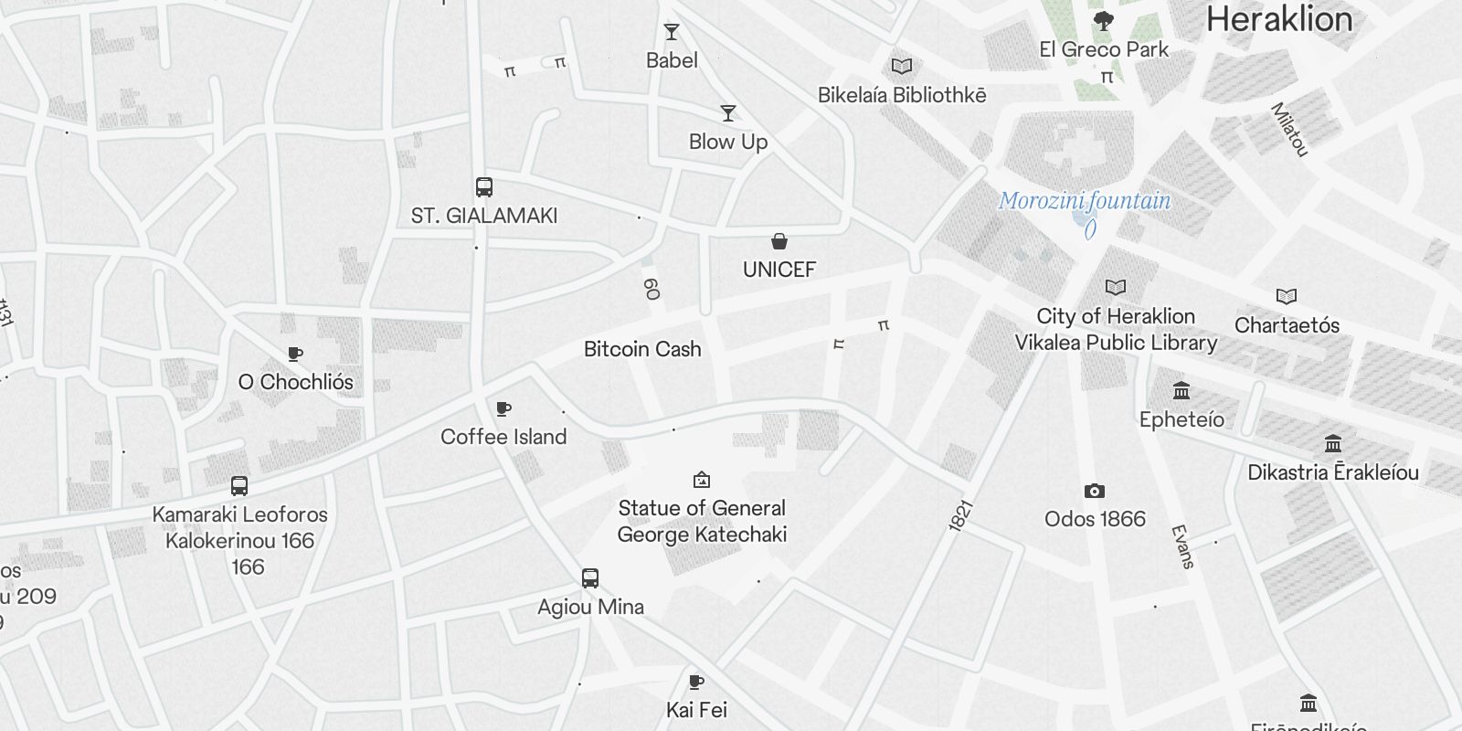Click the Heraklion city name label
click(1278, 19)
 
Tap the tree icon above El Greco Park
click(1104, 20)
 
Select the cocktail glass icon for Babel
click(672, 33)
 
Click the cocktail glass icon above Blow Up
click(728, 113)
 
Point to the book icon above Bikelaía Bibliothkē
click(902, 66)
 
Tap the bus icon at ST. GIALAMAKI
click(484, 187)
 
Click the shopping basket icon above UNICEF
click(779, 241)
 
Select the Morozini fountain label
click(1084, 201)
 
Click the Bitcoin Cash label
click(642, 349)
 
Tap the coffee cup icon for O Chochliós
click(295, 354)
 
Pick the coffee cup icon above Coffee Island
click(503, 408)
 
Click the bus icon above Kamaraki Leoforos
click(239, 486)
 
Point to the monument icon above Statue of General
click(702, 480)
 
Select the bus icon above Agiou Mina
click(590, 578)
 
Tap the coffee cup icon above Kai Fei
click(696, 682)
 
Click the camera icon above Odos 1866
click(1095, 492)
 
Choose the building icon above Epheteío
click(1181, 391)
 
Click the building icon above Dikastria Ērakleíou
click(1333, 444)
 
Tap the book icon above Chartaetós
click(1287, 297)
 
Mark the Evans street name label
click(1183, 546)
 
